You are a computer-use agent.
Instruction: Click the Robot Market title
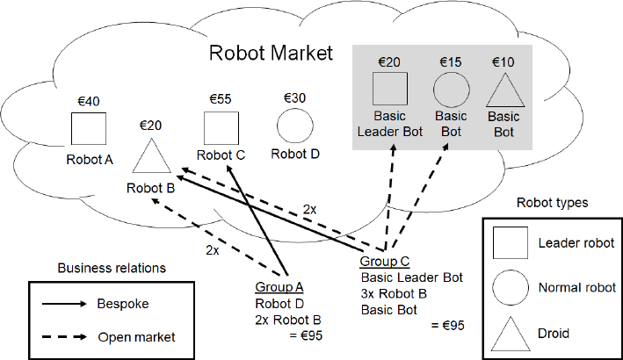click(272, 53)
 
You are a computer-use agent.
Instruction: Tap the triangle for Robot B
click(152, 156)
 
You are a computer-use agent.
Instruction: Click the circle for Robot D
click(294, 127)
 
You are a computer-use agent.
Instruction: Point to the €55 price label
click(220, 99)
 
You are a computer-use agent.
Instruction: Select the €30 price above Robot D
click(293, 98)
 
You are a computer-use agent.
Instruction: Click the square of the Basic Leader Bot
click(390, 90)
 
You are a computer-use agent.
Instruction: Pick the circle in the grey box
click(452, 90)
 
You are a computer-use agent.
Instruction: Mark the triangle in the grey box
click(503, 91)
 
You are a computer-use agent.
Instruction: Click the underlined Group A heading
click(279, 287)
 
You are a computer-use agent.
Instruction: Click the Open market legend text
click(135, 336)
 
